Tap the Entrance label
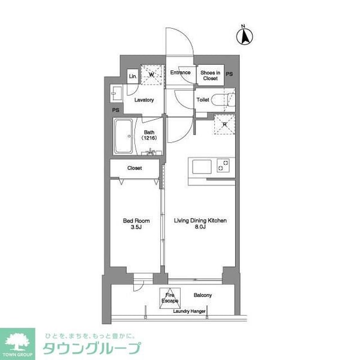click(180, 73)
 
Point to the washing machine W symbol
click(150, 74)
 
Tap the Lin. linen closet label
click(132, 76)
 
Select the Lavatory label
click(145, 100)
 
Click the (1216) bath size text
click(149, 139)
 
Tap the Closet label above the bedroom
click(134, 169)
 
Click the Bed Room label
click(136, 221)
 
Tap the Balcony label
click(203, 295)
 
